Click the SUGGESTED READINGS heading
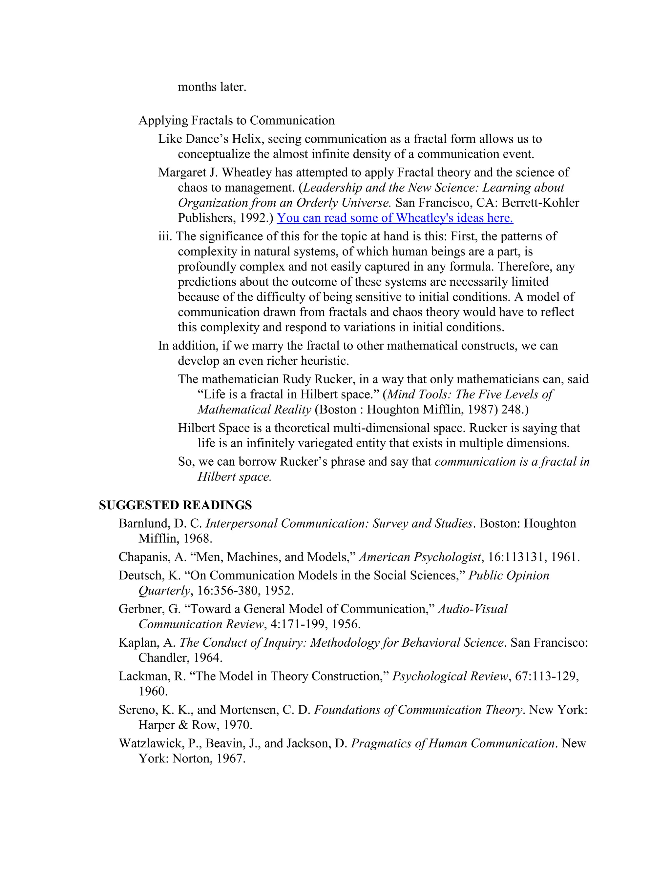click(175, 505)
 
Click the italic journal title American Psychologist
click(420, 557)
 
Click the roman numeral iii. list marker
click(165, 236)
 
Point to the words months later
click(212, 87)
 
